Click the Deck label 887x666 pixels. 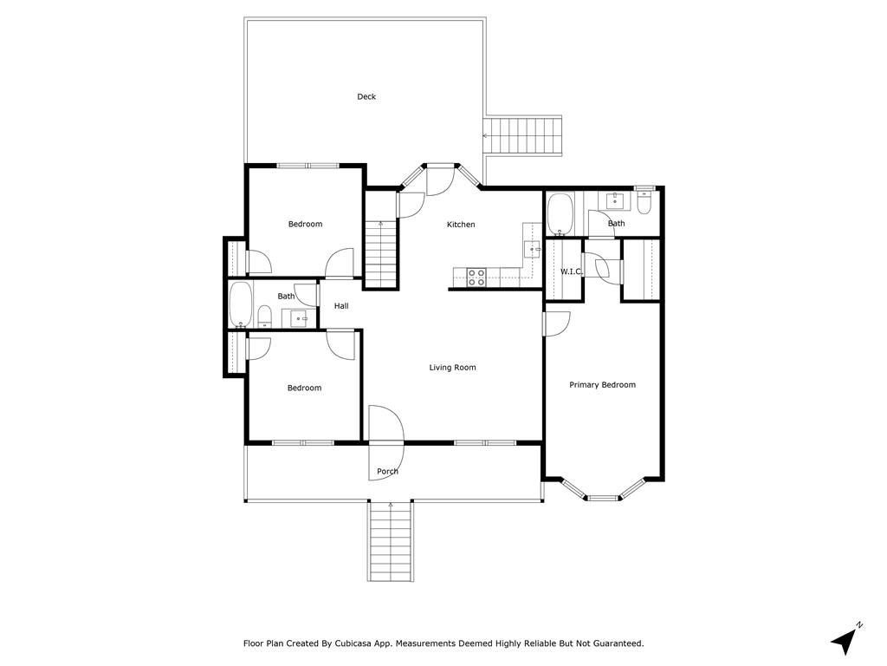(x=366, y=97)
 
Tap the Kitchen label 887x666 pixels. (x=461, y=225)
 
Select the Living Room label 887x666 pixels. (x=452, y=368)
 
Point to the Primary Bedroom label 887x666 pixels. (x=602, y=385)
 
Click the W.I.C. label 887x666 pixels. (x=572, y=271)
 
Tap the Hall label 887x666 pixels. (x=341, y=306)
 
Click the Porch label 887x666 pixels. (x=387, y=471)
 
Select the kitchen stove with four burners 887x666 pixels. (x=476, y=277)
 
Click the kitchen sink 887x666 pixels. (x=533, y=249)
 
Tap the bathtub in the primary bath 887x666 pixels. (x=560, y=214)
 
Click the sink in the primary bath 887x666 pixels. (x=615, y=201)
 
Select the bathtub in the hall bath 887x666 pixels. (x=241, y=304)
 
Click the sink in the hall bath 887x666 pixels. (x=298, y=318)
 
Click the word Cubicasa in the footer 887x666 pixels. (x=354, y=644)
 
